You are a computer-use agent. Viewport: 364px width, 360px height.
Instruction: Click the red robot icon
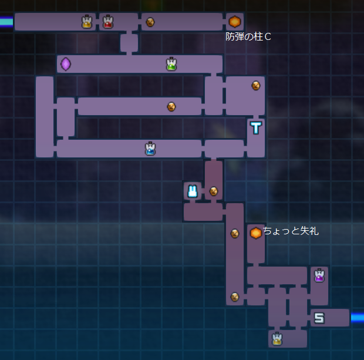(x=107, y=22)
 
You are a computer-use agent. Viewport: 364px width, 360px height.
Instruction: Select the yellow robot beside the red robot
(x=87, y=22)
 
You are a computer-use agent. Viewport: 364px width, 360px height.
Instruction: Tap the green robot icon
(x=171, y=64)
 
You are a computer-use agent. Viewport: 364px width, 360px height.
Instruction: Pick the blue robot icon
(x=150, y=149)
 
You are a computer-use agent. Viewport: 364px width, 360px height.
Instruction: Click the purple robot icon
(x=319, y=275)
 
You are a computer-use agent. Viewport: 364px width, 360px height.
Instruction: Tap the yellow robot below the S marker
(x=277, y=339)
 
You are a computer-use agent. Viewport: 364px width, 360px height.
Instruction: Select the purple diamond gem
(x=66, y=63)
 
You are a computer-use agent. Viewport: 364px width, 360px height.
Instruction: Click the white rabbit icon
(x=192, y=191)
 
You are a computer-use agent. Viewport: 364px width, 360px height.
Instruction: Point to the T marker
(x=256, y=127)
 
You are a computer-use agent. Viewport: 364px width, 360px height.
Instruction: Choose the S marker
(x=319, y=318)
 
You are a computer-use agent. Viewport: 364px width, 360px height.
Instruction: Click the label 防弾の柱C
(x=248, y=37)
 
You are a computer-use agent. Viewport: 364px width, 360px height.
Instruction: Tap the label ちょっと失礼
(x=291, y=231)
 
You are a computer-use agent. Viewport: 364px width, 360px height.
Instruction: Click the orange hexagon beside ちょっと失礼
(x=255, y=233)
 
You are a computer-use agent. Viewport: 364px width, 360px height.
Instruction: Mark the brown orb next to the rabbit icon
(x=214, y=191)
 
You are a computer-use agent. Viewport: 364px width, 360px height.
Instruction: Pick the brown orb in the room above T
(x=255, y=85)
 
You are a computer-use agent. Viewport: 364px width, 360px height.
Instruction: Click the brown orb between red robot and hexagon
(x=150, y=22)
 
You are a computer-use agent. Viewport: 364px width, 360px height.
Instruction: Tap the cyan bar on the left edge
(x=6, y=22)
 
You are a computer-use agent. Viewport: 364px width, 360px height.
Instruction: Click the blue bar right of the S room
(x=357, y=318)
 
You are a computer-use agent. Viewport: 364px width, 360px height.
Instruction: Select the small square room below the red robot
(x=129, y=43)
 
